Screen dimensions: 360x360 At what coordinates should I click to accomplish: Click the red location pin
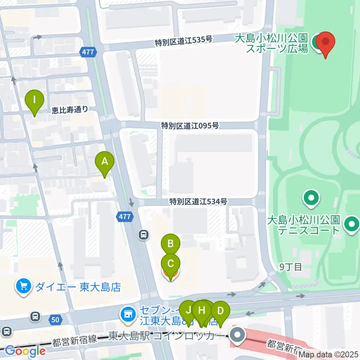[x=325, y=43]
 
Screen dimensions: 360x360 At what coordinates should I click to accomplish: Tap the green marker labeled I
[x=34, y=100]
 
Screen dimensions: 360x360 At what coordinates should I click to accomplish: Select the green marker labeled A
[x=105, y=162]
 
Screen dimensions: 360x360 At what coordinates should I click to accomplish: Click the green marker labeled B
[x=171, y=244]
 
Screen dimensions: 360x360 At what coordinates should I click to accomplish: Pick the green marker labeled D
[x=220, y=311]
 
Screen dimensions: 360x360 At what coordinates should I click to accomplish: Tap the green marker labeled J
[x=188, y=310]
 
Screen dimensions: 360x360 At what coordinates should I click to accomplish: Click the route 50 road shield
[x=55, y=320]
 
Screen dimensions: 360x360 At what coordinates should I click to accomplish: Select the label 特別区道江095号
[x=190, y=125]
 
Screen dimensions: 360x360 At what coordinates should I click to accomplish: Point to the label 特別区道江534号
[x=198, y=201]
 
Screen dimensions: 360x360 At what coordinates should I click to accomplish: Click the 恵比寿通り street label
[x=70, y=110]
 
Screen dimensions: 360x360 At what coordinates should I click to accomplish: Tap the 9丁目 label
[x=291, y=267]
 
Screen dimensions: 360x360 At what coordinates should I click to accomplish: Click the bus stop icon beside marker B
[x=143, y=235]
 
